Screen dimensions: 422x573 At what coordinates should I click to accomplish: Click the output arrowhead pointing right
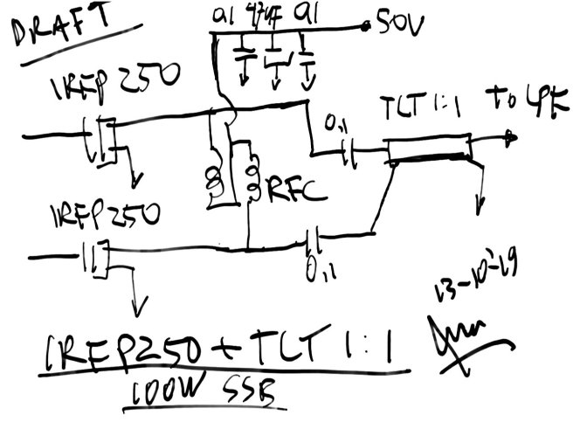pyautogui.click(x=510, y=137)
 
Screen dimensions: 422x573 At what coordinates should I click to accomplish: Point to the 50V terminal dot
pyautogui.click(x=368, y=28)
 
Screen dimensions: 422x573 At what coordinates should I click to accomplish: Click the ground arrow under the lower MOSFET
pyautogui.click(x=135, y=308)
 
